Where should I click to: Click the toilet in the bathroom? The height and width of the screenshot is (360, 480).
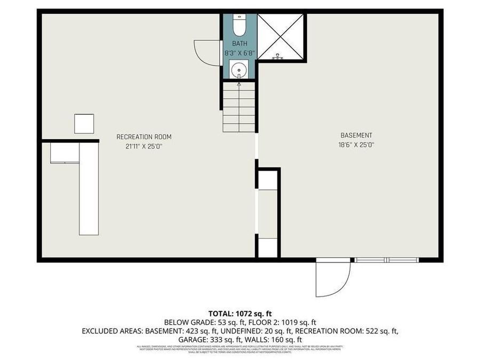239,25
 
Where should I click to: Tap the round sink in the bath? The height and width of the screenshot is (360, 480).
239,69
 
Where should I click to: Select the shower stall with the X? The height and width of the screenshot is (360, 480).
281,36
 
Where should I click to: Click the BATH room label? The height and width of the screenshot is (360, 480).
239,43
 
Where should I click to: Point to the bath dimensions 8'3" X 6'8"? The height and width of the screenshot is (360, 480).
239,53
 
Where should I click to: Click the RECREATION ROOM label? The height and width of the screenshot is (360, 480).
144,137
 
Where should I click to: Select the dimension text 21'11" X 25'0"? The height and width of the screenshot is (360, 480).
144,146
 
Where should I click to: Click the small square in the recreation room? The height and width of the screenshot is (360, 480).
84,124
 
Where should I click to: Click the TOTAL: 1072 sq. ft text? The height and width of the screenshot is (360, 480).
239,313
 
